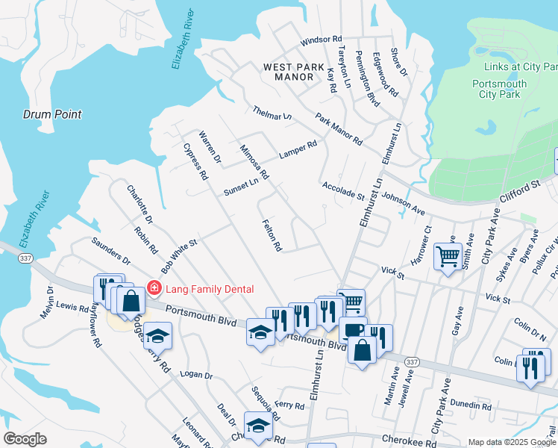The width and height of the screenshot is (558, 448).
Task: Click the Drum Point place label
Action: click(52, 114)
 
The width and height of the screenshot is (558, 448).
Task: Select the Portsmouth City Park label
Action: click(499, 89)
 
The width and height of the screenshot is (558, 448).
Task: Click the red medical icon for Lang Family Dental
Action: click(154, 287)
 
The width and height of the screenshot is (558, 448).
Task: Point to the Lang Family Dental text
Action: click(210, 289)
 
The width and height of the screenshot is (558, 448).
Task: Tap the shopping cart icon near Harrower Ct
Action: click(448, 257)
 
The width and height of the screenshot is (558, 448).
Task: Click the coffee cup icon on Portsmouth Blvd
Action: click(352, 329)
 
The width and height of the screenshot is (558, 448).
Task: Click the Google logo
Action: click(25, 439)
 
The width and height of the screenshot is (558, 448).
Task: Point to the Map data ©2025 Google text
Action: click(512, 442)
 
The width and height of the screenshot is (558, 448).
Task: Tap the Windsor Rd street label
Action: click(321, 40)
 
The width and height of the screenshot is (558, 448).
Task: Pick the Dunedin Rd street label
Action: click(471, 406)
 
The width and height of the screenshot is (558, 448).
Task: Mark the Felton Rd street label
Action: click(272, 234)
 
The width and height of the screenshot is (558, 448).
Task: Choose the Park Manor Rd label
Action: click(338, 129)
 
